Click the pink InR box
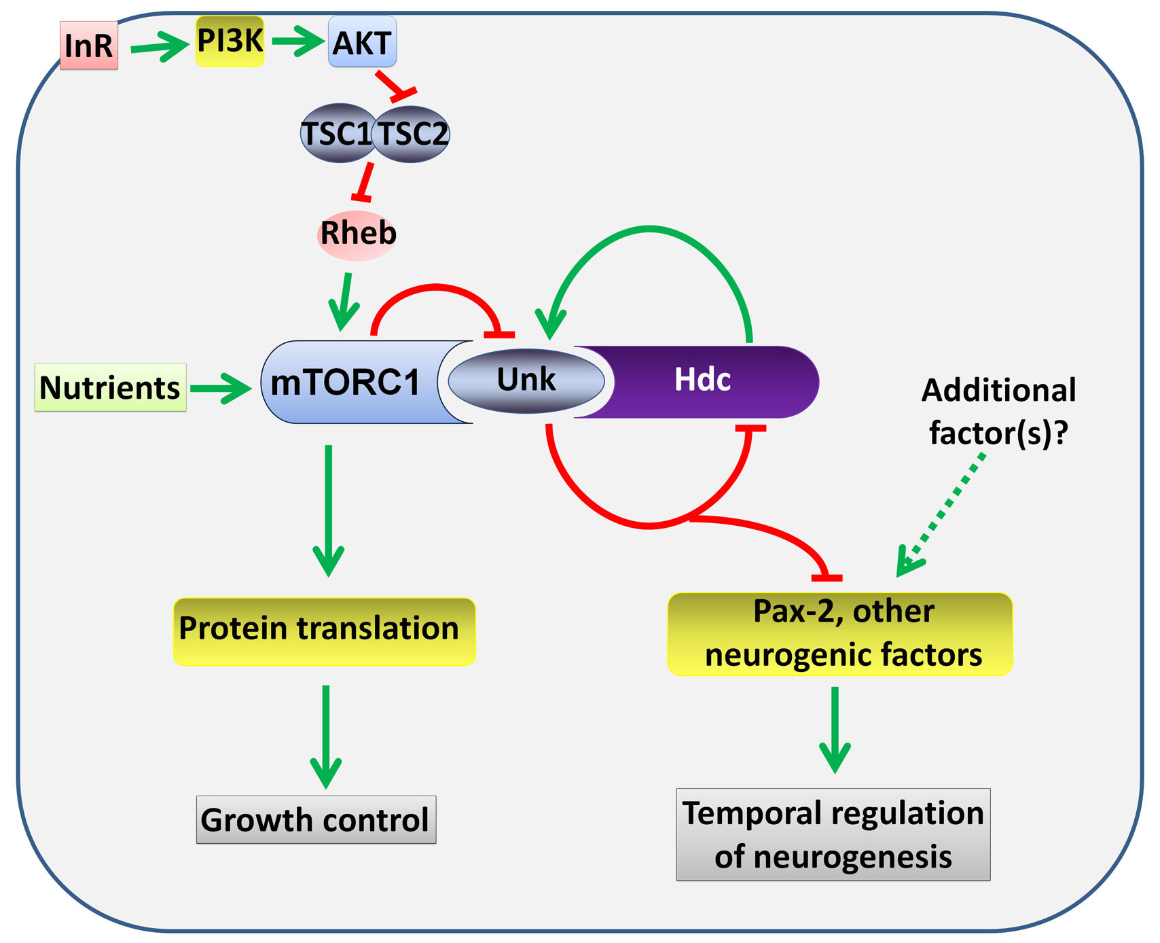(x=89, y=46)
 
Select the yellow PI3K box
(x=230, y=41)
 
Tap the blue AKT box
(x=362, y=42)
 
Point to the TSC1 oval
(x=338, y=133)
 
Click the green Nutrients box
(x=111, y=387)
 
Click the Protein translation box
(x=325, y=631)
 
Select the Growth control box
(x=316, y=819)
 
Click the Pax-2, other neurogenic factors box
(x=840, y=634)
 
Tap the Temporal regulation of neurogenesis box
(x=833, y=834)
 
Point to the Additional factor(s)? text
(x=998, y=412)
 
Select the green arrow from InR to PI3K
(x=159, y=48)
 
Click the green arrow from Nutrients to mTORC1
(x=221, y=389)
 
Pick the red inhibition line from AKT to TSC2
(x=396, y=86)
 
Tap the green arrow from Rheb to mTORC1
(x=346, y=302)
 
